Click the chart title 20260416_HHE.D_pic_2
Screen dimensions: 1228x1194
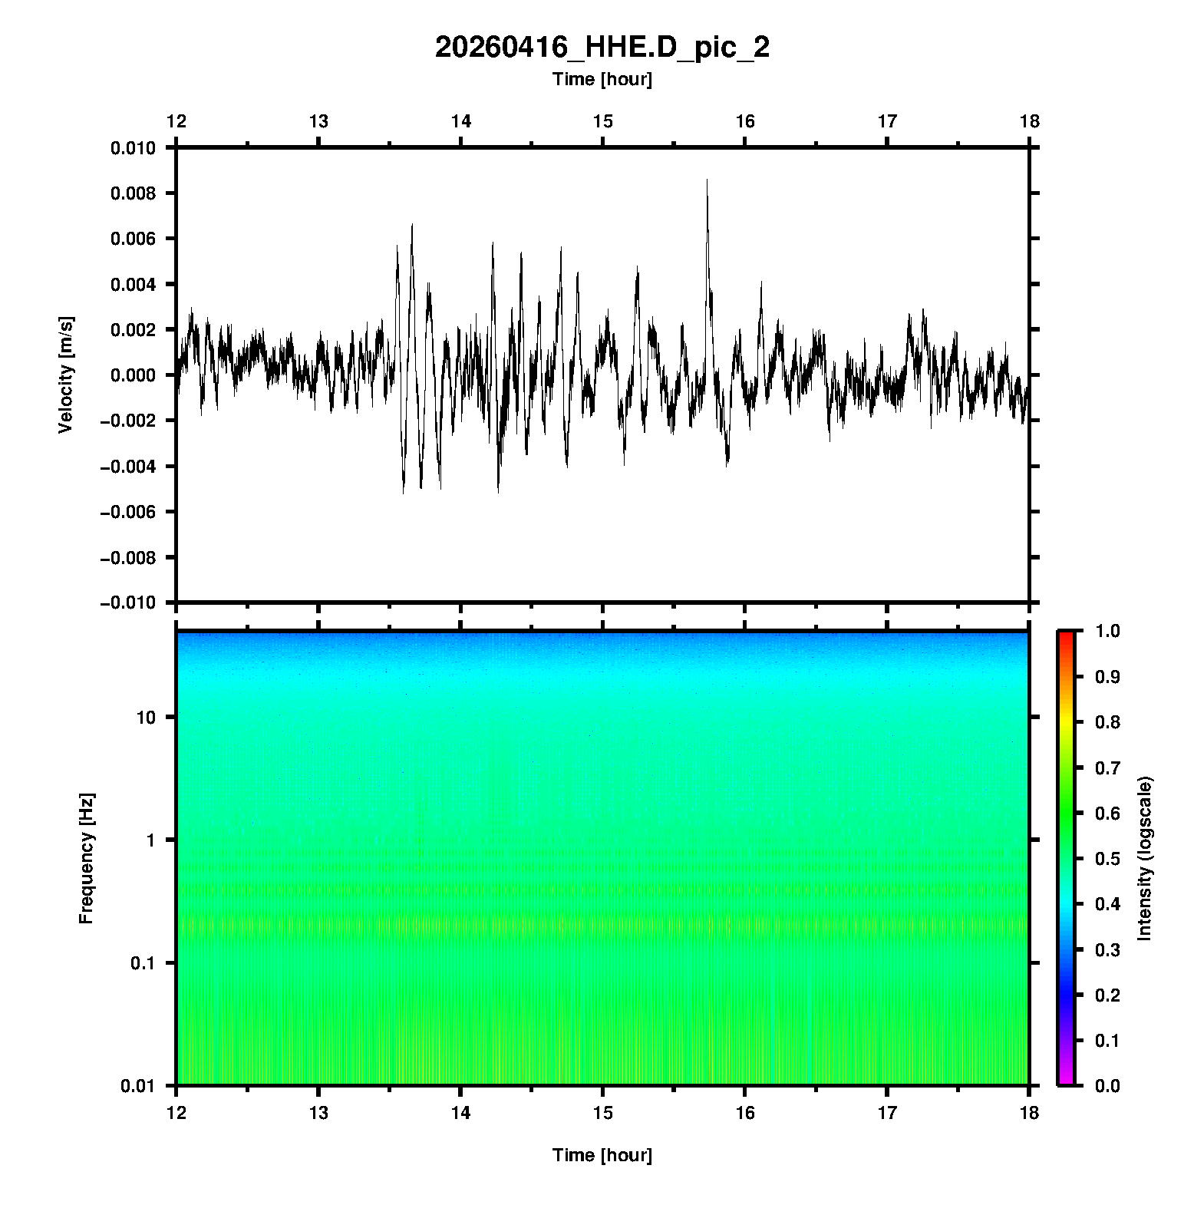pos(602,48)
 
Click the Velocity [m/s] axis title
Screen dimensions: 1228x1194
pos(67,375)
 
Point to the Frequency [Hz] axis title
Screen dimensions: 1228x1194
pos(86,859)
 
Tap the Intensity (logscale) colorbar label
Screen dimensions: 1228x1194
pos(1145,858)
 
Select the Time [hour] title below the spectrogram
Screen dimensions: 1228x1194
pos(602,1155)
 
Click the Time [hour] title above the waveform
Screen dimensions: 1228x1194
pos(602,79)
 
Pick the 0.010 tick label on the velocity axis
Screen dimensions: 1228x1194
pos(133,148)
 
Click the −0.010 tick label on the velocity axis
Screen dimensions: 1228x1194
pos(127,603)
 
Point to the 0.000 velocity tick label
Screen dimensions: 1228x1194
pos(133,375)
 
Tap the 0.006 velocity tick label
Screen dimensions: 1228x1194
pos(133,239)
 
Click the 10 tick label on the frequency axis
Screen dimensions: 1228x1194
pos(146,718)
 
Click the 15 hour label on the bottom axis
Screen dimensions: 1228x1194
pos(603,1113)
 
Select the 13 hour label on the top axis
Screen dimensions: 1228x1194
pos(318,121)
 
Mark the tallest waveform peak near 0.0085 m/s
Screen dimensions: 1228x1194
pos(707,181)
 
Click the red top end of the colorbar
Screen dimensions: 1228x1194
pos(1066,635)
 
